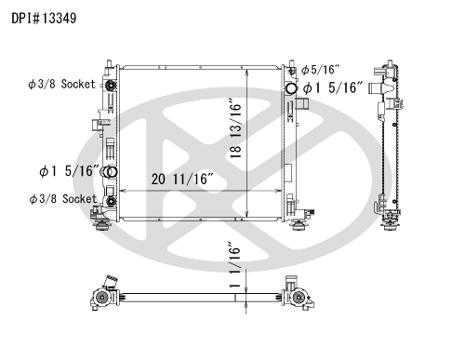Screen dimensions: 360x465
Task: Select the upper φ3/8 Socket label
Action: (x=62, y=85)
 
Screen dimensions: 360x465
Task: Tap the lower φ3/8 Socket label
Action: (x=62, y=199)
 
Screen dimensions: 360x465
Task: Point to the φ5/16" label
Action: (x=321, y=70)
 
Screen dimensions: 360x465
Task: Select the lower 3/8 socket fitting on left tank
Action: (x=111, y=198)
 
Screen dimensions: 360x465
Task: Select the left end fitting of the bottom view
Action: (x=100, y=295)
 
